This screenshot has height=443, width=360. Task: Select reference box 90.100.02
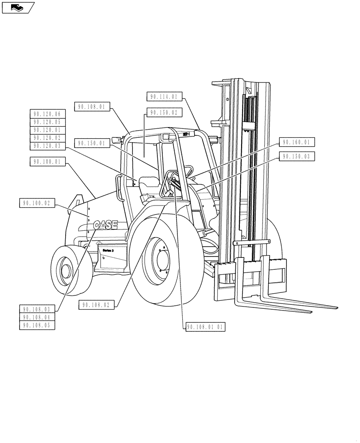point(37,204)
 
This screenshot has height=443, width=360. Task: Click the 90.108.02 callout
point(96,305)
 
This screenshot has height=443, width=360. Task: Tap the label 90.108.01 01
point(206,327)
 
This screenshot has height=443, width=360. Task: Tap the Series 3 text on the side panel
point(108,250)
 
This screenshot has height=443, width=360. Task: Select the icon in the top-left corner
point(18,8)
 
